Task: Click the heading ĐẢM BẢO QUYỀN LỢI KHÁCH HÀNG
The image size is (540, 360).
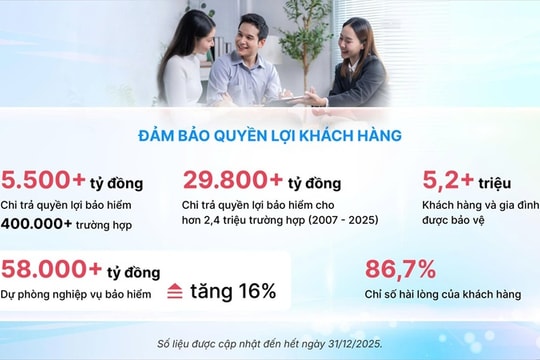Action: pyautogui.click(x=269, y=136)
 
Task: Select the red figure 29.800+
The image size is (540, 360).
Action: pyautogui.click(x=232, y=181)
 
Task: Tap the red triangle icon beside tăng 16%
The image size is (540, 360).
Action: pyautogui.click(x=174, y=291)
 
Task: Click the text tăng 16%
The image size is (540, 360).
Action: pyautogui.click(x=233, y=291)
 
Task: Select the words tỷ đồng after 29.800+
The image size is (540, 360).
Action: pyautogui.click(x=314, y=184)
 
